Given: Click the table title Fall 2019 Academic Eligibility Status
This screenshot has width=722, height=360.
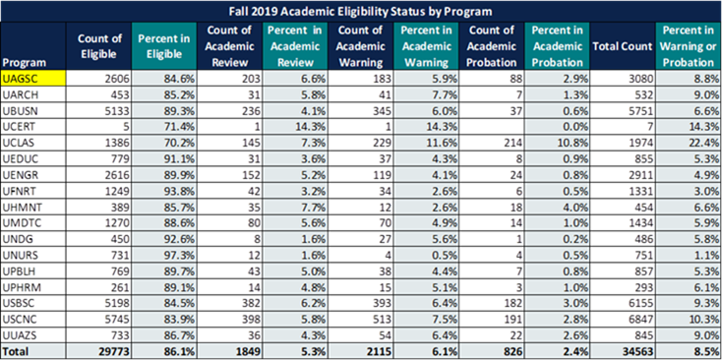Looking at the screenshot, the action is tap(361, 11).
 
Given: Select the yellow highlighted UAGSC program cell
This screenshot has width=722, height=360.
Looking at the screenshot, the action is tap(33, 79).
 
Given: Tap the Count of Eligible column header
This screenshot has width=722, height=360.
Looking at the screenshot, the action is tap(99, 45).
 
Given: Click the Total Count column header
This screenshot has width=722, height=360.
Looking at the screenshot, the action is tap(623, 46).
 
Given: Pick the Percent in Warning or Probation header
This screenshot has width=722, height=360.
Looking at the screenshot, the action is tap(689, 46).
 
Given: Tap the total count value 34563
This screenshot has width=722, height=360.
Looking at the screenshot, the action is tap(638, 352).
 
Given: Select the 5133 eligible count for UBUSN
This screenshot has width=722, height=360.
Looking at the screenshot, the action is tap(119, 111).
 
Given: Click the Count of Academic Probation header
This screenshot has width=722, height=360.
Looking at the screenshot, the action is tap(491, 46).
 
